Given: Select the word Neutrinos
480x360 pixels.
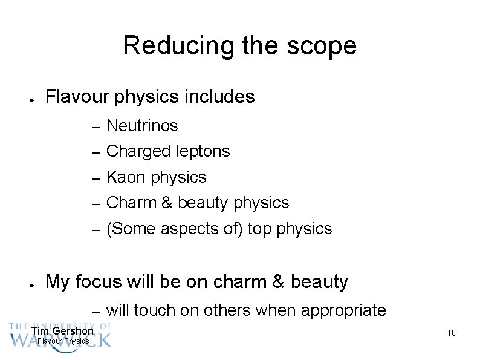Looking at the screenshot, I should click(142, 126).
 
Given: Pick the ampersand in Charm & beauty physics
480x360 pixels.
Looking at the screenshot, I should click(167, 203).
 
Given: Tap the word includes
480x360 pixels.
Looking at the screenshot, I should click(220, 97).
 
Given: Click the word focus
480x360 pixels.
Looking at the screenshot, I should click(103, 282).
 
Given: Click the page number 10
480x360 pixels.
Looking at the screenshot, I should click(450, 333).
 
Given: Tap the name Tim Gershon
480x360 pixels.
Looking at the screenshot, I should click(62, 331).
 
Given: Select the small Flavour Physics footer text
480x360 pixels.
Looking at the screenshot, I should click(63, 341).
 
